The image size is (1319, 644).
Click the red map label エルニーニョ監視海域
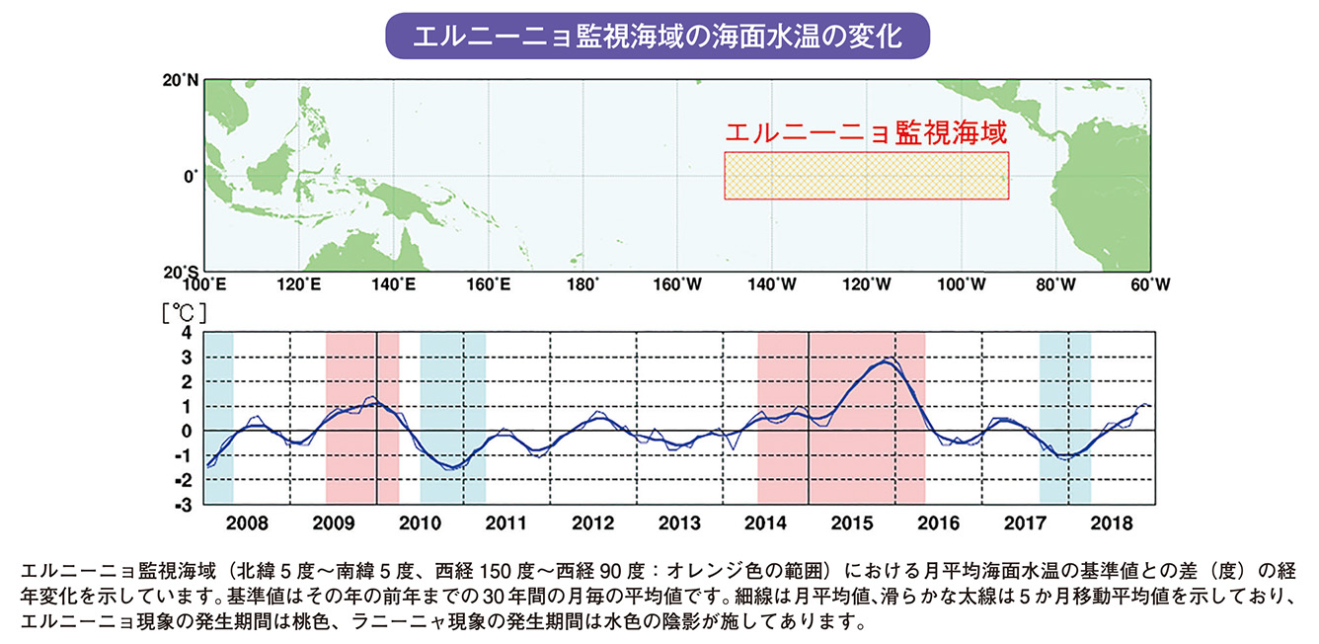click(x=866, y=133)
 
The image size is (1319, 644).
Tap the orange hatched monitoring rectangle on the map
click(x=866, y=176)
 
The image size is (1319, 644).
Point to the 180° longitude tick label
click(x=582, y=285)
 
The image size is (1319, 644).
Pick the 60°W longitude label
click(x=1150, y=285)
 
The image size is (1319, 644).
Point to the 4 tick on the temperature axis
click(x=186, y=333)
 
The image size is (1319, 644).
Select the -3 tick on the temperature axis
click(x=183, y=505)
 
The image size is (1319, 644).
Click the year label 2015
click(x=851, y=522)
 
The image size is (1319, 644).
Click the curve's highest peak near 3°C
click(x=886, y=362)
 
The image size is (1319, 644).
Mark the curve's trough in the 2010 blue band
click(x=453, y=467)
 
